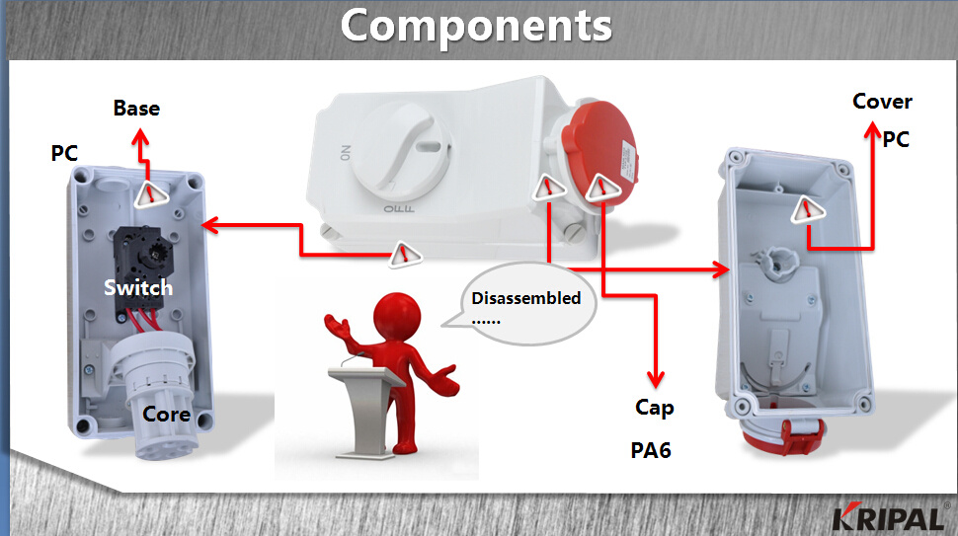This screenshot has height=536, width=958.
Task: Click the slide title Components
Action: click(x=476, y=27)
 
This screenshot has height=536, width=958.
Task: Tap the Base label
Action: click(x=137, y=108)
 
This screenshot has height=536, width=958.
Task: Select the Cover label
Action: click(x=882, y=102)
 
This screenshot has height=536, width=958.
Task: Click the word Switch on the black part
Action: click(x=138, y=287)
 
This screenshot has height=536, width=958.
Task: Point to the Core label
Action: click(x=166, y=414)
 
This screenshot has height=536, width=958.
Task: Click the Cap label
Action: click(x=655, y=408)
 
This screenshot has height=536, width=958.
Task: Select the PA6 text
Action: click(x=651, y=450)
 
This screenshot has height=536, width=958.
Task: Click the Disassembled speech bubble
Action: click(x=526, y=303)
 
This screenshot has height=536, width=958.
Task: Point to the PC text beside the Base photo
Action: click(x=64, y=153)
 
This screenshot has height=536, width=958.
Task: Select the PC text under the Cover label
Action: click(x=896, y=139)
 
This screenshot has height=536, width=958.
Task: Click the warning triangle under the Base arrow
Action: click(x=150, y=194)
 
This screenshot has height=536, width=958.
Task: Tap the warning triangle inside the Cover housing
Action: click(x=808, y=209)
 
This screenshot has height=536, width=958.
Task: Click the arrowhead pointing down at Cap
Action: click(x=656, y=379)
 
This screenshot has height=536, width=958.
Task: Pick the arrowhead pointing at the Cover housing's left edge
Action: click(x=721, y=269)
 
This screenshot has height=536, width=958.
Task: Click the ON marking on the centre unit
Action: click(x=346, y=153)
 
